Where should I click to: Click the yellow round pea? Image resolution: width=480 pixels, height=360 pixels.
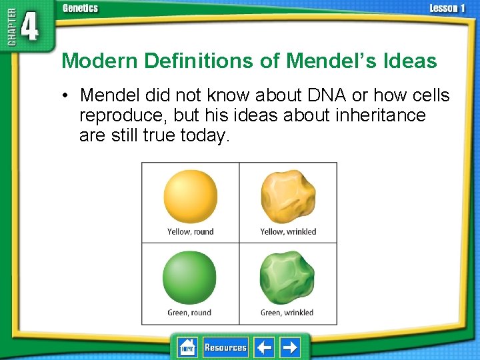point(191,197)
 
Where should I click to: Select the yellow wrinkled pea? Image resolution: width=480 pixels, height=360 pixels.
point(287,197)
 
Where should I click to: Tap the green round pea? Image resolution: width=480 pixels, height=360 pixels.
point(190,277)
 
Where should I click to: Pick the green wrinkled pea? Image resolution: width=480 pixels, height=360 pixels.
point(287,278)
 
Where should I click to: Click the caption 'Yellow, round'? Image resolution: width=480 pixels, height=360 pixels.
point(191,232)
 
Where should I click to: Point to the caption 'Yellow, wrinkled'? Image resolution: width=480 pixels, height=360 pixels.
point(288,232)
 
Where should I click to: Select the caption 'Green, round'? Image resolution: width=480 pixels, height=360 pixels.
point(189,313)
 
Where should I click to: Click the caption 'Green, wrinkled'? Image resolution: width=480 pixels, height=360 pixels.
point(287,313)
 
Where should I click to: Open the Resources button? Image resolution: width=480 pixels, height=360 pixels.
point(225,347)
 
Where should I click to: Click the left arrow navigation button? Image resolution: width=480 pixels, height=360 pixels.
point(265,347)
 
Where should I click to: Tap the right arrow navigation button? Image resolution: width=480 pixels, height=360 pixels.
point(289,347)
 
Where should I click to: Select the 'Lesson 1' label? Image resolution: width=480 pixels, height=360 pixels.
point(447,8)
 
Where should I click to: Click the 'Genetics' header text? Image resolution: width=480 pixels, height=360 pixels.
point(80,8)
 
